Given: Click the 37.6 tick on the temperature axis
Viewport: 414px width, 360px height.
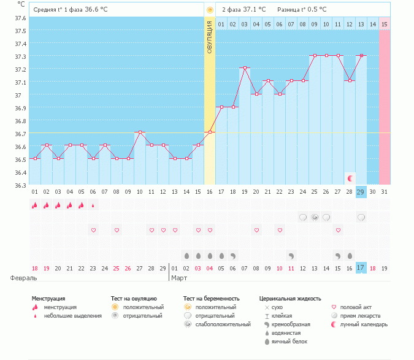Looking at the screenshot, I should click(x=21, y=18).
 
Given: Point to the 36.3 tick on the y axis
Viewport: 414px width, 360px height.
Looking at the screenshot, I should click(x=21, y=185).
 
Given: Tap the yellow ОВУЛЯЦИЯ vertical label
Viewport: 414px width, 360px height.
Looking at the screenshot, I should click(x=210, y=36).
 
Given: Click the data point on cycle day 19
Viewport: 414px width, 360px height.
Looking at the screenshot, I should click(x=245, y=68).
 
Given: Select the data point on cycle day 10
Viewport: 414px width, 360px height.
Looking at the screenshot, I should click(x=140, y=132).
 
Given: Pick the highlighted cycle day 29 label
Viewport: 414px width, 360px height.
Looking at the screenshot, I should click(x=361, y=192).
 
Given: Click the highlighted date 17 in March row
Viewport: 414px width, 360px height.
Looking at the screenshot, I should click(x=361, y=268).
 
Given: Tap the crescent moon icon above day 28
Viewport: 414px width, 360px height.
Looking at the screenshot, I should click(x=350, y=178).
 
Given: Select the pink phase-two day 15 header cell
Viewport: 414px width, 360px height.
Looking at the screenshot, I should click(x=385, y=24).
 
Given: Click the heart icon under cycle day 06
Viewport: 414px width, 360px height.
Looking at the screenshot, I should click(x=93, y=230).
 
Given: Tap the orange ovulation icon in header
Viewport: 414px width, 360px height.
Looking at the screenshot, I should click(x=210, y=10).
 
